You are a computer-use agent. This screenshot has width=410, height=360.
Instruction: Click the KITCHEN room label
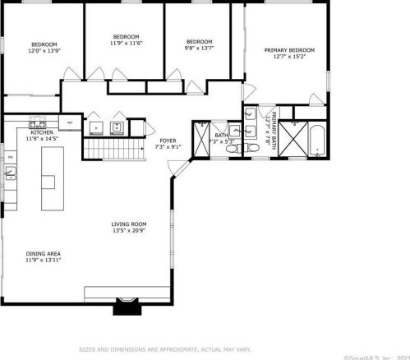42,132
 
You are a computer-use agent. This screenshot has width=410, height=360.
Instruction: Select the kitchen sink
11,172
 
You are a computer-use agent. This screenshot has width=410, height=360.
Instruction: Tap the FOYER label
168,141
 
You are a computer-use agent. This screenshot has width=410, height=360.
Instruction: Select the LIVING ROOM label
129,224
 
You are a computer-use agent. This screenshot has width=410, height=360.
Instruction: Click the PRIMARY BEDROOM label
288,50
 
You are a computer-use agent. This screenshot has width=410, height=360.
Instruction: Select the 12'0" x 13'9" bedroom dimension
44,50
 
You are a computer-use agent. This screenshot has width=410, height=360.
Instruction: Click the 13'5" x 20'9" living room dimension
129,230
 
